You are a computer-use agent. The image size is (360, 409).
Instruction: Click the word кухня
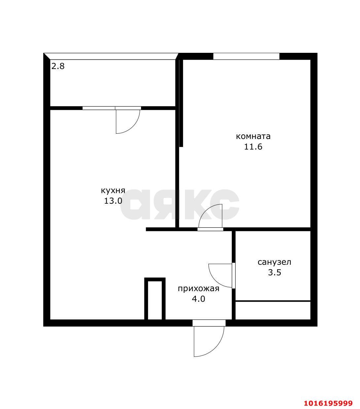click(113, 191)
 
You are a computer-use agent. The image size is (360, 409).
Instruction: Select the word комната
click(253, 136)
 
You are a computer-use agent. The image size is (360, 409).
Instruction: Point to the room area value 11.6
click(253, 147)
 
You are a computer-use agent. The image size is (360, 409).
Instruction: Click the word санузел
click(274, 262)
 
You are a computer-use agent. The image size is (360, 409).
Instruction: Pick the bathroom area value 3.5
click(274, 273)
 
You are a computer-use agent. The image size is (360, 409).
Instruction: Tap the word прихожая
click(198, 289)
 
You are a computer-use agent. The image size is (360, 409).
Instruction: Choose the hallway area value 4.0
click(198, 299)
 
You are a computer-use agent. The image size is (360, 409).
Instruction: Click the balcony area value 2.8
click(58, 66)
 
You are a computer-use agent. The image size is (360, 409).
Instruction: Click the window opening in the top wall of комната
click(246, 56)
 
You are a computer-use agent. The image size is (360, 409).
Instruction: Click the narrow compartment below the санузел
click(273, 311)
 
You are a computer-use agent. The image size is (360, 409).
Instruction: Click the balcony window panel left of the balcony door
click(99, 108)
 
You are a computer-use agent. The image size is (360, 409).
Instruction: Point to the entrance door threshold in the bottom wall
click(209, 323)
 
